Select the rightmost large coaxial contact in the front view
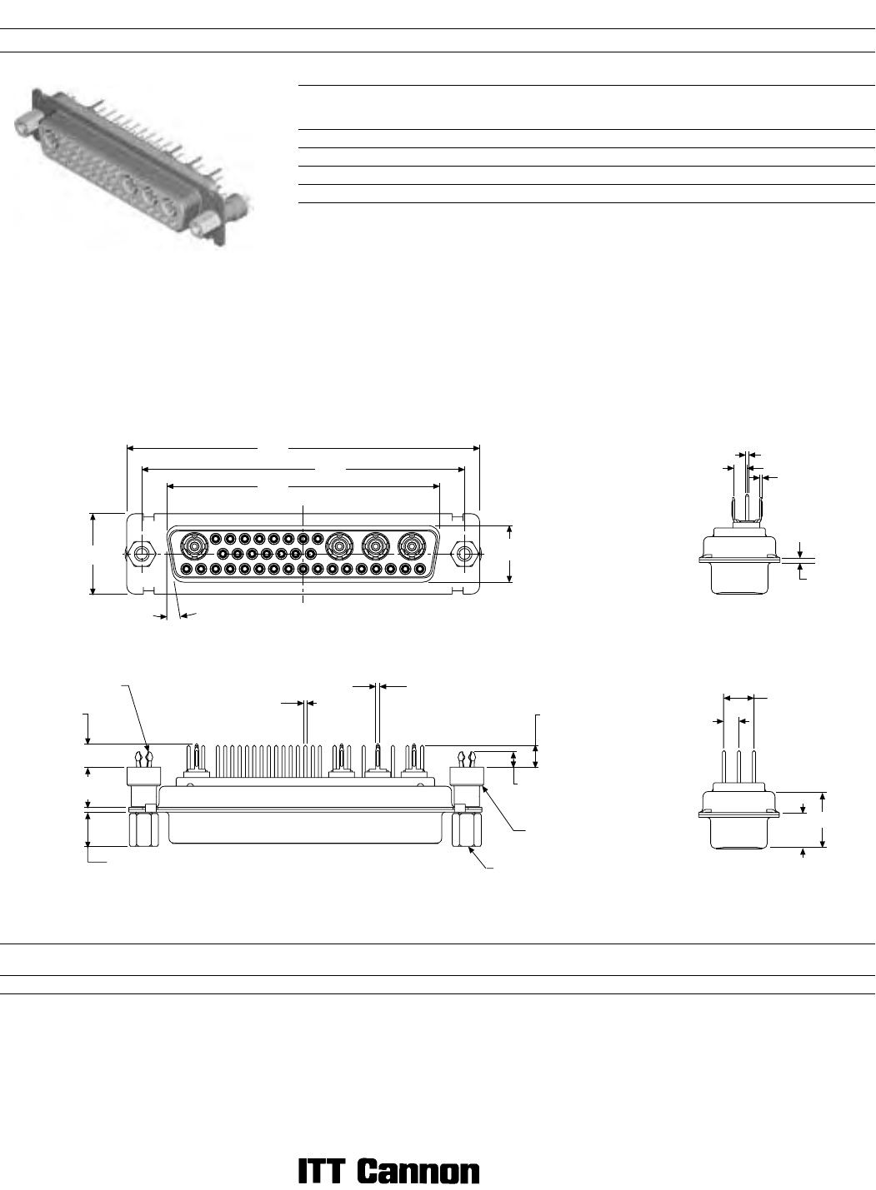pyautogui.click(x=411, y=545)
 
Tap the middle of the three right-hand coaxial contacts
pyautogui.click(x=374, y=545)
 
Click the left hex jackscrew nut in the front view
pyautogui.click(x=142, y=554)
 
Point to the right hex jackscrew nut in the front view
pyautogui.click(x=464, y=554)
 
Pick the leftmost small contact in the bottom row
pyautogui.click(x=187, y=569)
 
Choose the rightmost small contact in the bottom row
pyautogui.click(x=419, y=569)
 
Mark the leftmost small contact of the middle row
pyautogui.click(x=223, y=554)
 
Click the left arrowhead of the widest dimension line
pyautogui.click(x=130, y=448)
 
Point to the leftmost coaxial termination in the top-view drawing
pyautogui.click(x=196, y=761)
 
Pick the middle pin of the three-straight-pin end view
pyautogui.click(x=738, y=766)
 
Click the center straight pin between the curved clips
pyautogui.click(x=748, y=508)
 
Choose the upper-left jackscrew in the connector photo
pyautogui.click(x=26, y=126)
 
